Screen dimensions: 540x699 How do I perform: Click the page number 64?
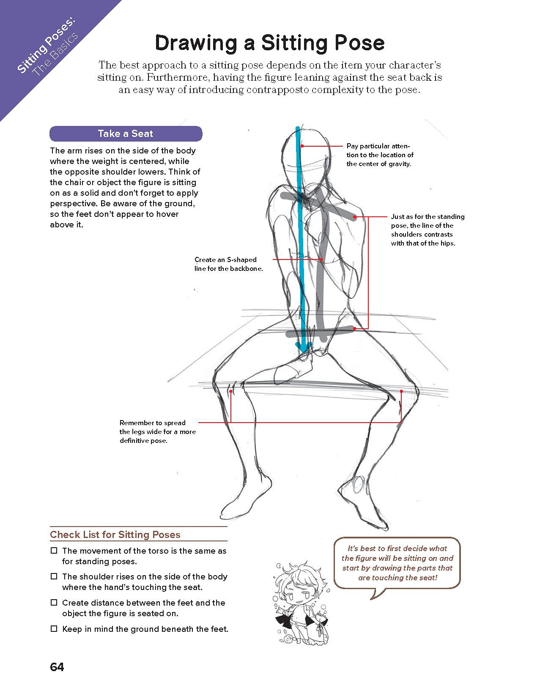point(57,667)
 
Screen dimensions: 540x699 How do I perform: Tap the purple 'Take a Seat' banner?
point(126,134)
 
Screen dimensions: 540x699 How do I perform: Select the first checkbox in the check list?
point(54,551)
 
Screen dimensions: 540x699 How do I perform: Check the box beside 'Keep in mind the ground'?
point(54,629)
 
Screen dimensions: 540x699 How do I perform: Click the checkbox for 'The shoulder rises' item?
point(54,576)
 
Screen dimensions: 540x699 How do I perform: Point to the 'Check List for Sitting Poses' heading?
point(115,535)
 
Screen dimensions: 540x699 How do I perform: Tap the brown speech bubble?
point(397,563)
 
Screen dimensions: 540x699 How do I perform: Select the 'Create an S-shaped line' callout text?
point(228,264)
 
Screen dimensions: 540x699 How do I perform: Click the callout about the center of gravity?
point(380,155)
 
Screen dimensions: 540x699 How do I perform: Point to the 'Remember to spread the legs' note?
point(157,431)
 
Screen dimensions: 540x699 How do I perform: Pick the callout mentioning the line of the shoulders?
point(427,230)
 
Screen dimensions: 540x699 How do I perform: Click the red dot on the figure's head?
point(302,146)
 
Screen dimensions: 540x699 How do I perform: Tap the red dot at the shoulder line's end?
point(355,217)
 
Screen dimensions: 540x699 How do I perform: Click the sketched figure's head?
point(307,152)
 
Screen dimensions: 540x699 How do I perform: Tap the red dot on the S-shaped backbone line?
point(321,259)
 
